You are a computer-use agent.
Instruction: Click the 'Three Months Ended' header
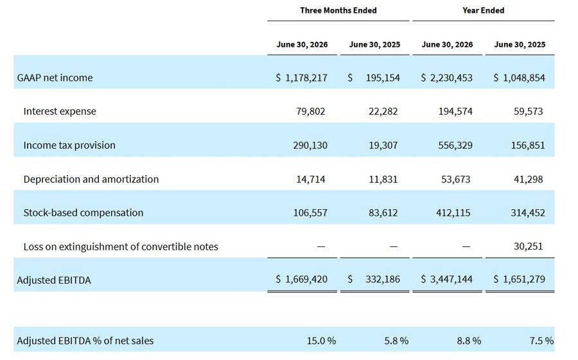click(338, 10)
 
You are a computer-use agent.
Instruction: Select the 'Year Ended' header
click(483, 10)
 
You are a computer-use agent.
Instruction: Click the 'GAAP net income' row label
click(55, 78)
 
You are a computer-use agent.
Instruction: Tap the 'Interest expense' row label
click(60, 111)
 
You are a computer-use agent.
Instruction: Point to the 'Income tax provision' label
click(69, 145)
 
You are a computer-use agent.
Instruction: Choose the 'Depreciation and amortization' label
click(91, 179)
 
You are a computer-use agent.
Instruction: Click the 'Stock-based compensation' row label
click(83, 212)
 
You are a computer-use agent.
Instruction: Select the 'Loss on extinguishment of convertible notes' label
click(121, 246)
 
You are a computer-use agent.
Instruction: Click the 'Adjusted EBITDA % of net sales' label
click(85, 341)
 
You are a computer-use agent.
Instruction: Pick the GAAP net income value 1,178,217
click(306, 78)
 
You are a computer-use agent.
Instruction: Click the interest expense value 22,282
click(383, 111)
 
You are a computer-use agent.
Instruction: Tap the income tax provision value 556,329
click(455, 145)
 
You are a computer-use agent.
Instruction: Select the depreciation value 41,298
click(529, 179)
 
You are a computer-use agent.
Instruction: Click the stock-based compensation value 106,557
click(310, 212)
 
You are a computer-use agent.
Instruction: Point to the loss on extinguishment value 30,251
click(529, 246)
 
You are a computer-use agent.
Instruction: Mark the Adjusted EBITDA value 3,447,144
click(451, 279)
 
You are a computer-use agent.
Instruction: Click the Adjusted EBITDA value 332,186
click(383, 279)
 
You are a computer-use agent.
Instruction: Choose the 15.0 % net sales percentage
click(321, 341)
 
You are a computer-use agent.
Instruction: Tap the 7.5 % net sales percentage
click(541, 341)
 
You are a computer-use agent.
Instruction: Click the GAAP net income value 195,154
click(383, 78)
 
